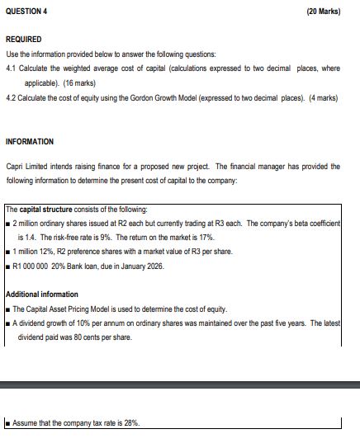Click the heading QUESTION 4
coord(26,12)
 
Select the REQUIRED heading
coord(23,39)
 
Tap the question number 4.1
coord(11,68)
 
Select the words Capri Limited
coord(27,167)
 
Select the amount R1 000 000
coord(33,265)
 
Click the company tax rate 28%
coord(130,422)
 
